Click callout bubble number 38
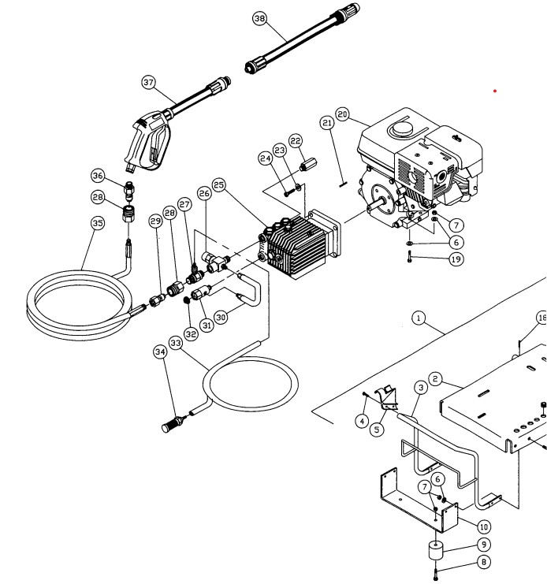(x=259, y=18)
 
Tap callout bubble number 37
(x=148, y=82)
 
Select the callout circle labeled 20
(x=343, y=114)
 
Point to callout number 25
(x=219, y=184)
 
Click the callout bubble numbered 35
(x=98, y=223)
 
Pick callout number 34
(x=160, y=352)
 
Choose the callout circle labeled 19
(x=456, y=259)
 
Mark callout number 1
(x=419, y=318)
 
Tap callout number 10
(x=483, y=526)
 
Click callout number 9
(x=484, y=545)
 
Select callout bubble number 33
(x=176, y=343)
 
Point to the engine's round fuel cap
(x=402, y=128)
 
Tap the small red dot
(x=495, y=91)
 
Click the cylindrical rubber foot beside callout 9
(x=436, y=550)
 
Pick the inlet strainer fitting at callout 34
(x=173, y=424)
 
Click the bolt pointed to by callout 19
(x=409, y=257)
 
